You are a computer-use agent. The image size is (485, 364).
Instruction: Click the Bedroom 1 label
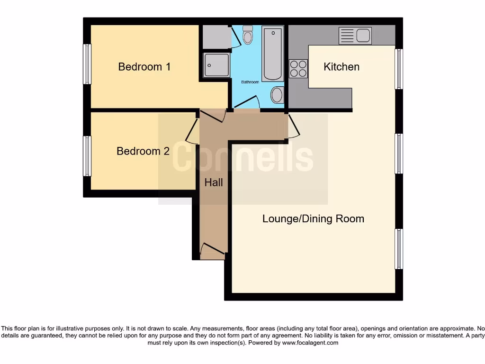tap(144, 67)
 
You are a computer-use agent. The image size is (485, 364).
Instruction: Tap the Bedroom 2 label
tap(143, 151)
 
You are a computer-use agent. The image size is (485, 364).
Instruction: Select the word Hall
tap(214, 182)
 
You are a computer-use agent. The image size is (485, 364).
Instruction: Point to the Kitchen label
tap(341, 67)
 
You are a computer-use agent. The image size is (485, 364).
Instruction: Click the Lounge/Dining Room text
tap(313, 218)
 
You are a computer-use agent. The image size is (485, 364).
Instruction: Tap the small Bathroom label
tap(250, 82)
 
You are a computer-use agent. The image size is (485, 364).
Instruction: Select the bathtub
tap(272, 54)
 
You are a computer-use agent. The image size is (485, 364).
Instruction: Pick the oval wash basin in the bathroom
tap(277, 95)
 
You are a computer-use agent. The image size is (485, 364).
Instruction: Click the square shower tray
tap(216, 65)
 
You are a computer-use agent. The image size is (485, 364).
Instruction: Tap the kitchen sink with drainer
tap(355, 36)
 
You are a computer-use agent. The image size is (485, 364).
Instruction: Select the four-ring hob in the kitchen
tap(298, 68)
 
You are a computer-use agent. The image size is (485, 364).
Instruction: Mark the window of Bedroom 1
tap(87, 64)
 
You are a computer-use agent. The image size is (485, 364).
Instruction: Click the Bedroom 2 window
tap(87, 156)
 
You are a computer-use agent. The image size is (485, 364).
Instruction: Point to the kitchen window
tap(399, 69)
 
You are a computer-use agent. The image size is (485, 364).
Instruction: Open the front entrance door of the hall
tap(212, 251)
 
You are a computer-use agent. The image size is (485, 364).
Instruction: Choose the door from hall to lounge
tap(294, 127)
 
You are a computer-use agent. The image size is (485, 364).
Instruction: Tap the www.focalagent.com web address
tap(310, 343)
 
